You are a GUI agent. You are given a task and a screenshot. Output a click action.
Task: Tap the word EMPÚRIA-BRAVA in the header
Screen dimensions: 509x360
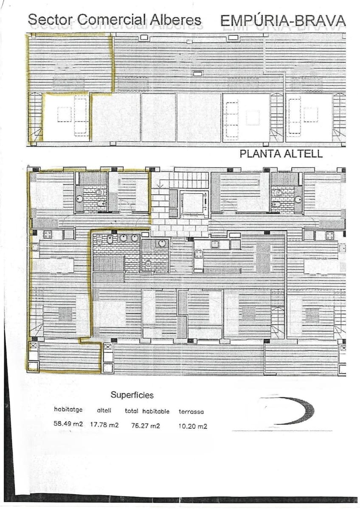tap(283, 20)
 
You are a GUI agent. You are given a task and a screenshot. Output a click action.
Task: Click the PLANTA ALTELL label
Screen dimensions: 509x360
tap(281, 154)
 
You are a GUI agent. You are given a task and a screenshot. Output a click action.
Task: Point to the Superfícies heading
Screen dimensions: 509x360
tap(132, 395)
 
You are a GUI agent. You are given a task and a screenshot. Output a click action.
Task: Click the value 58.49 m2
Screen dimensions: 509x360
tap(68, 424)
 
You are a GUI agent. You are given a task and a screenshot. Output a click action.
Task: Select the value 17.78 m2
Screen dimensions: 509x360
tap(104, 424)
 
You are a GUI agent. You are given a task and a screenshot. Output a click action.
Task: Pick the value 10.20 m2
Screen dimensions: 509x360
tap(193, 426)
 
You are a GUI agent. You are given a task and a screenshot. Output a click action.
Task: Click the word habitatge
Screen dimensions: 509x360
tap(68, 410)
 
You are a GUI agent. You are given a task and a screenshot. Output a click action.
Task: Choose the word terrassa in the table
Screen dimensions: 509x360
tap(191, 411)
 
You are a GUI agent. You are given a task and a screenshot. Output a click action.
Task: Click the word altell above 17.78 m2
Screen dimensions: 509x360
tap(104, 410)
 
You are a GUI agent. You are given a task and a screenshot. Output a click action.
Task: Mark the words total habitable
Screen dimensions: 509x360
tap(147, 411)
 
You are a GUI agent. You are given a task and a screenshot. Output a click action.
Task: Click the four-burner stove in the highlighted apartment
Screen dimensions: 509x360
tap(47, 234)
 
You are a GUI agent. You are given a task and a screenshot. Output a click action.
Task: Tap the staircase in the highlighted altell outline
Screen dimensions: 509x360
tap(36, 117)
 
